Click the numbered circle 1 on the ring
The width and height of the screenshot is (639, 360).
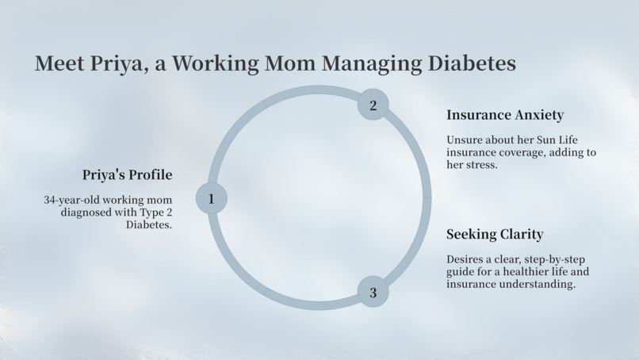click(x=211, y=198)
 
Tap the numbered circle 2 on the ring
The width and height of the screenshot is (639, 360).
click(x=373, y=105)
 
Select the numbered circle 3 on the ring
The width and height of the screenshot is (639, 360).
click(x=373, y=293)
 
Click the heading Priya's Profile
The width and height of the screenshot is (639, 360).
click(x=127, y=175)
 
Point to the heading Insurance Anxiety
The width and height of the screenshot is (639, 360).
click(x=505, y=115)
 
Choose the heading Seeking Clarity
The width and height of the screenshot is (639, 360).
click(x=495, y=234)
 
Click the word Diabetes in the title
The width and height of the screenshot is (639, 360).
click(x=472, y=63)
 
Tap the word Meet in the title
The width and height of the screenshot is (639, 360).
click(x=59, y=63)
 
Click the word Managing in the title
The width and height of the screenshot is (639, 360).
click(x=371, y=64)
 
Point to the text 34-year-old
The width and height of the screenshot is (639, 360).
click(x=71, y=200)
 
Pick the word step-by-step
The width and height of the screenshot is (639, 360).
click(x=555, y=260)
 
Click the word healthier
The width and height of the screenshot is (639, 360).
click(x=527, y=271)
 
